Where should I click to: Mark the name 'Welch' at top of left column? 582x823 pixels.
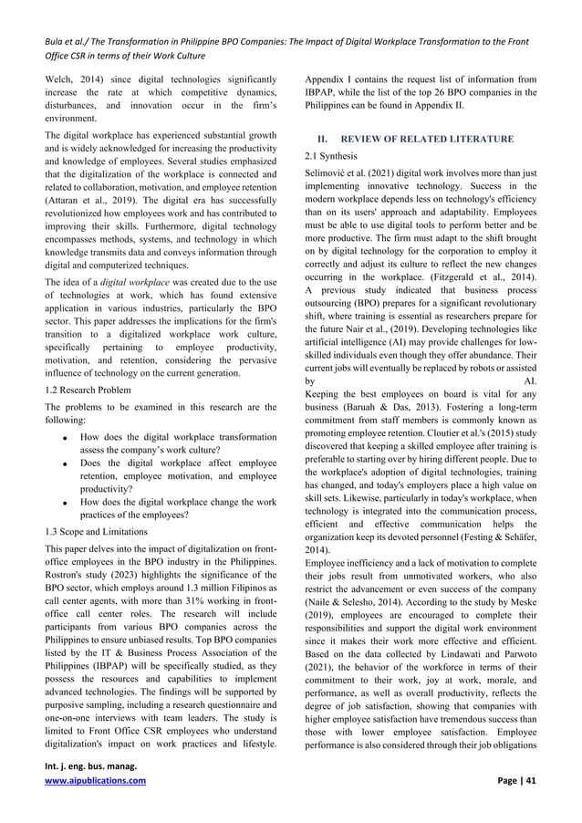coord(60,79)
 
